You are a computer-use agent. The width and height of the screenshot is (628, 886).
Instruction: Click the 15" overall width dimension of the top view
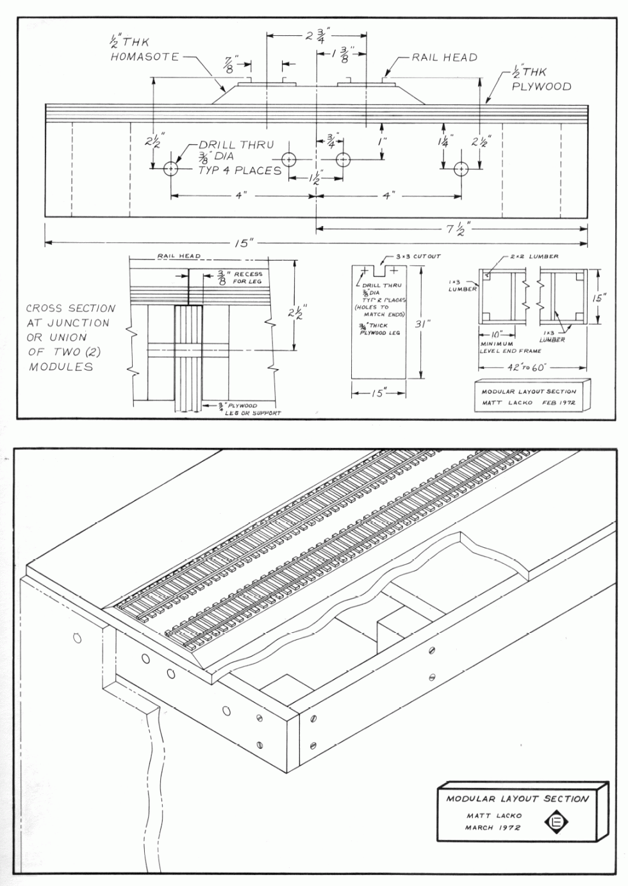click(x=243, y=242)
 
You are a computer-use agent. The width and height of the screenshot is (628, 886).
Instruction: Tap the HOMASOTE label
click(x=145, y=57)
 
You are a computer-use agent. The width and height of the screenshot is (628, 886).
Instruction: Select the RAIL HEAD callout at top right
click(x=444, y=58)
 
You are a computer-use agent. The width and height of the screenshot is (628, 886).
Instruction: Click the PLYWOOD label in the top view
click(x=541, y=86)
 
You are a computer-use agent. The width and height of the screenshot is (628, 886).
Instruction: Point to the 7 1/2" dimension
click(x=459, y=227)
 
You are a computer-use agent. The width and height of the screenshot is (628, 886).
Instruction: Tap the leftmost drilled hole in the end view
click(x=171, y=169)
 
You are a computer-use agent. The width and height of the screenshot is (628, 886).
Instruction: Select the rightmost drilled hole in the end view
click(x=461, y=169)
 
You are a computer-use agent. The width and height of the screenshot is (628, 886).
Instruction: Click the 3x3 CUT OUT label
click(x=418, y=256)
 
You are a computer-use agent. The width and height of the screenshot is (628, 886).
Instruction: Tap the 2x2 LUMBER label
click(x=534, y=256)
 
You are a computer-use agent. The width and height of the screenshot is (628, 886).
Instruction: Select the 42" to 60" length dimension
click(x=533, y=368)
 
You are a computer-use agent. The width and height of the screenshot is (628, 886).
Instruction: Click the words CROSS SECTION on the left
click(x=70, y=308)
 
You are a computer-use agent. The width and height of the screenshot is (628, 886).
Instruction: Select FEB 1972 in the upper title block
click(x=559, y=404)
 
